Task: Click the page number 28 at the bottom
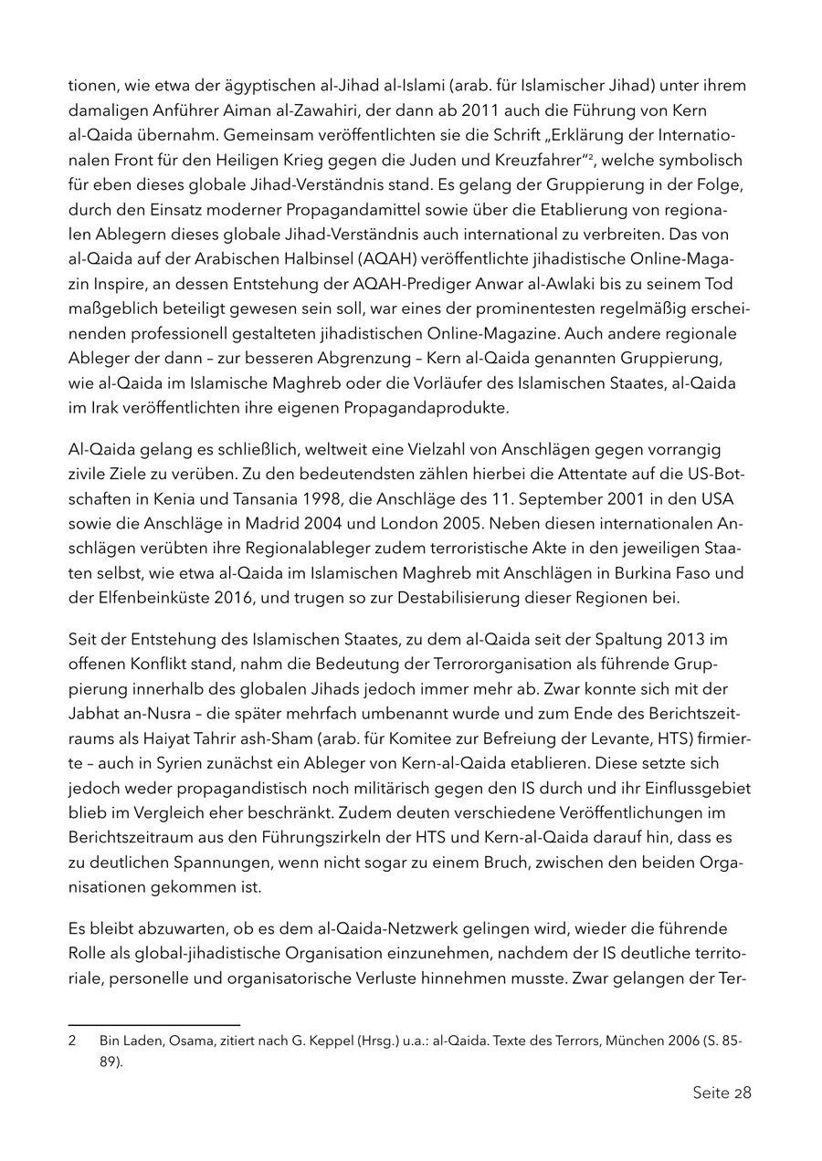tap(742, 1093)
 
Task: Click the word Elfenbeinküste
tap(148, 598)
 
